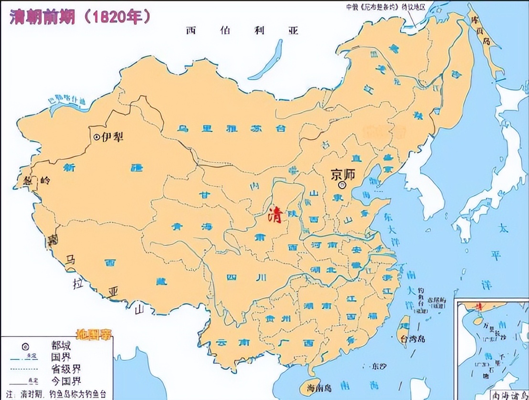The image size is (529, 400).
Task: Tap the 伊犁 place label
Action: [x=114, y=137]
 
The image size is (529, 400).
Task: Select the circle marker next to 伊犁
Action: [x=97, y=137]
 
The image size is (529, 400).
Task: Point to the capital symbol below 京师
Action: [x=341, y=185]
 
